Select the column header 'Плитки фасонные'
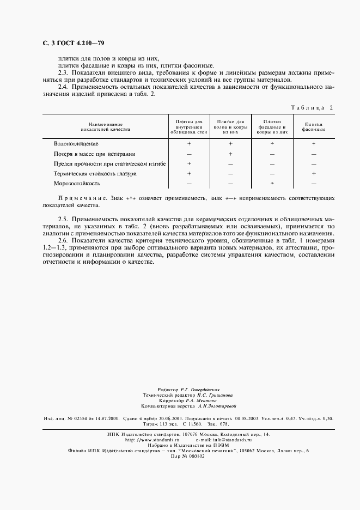(x=314, y=127)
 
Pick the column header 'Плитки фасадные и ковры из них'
(x=272, y=126)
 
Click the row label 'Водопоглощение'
(x=76, y=144)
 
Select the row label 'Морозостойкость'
(x=77, y=183)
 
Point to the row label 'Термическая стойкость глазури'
(x=95, y=173)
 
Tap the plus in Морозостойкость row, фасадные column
(x=272, y=183)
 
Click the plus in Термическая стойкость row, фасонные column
(x=314, y=173)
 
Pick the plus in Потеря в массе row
(x=230, y=154)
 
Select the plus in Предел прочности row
(x=189, y=163)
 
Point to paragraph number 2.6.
(x=64, y=240)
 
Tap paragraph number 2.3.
(x=64, y=72)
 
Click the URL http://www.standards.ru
(x=152, y=439)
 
